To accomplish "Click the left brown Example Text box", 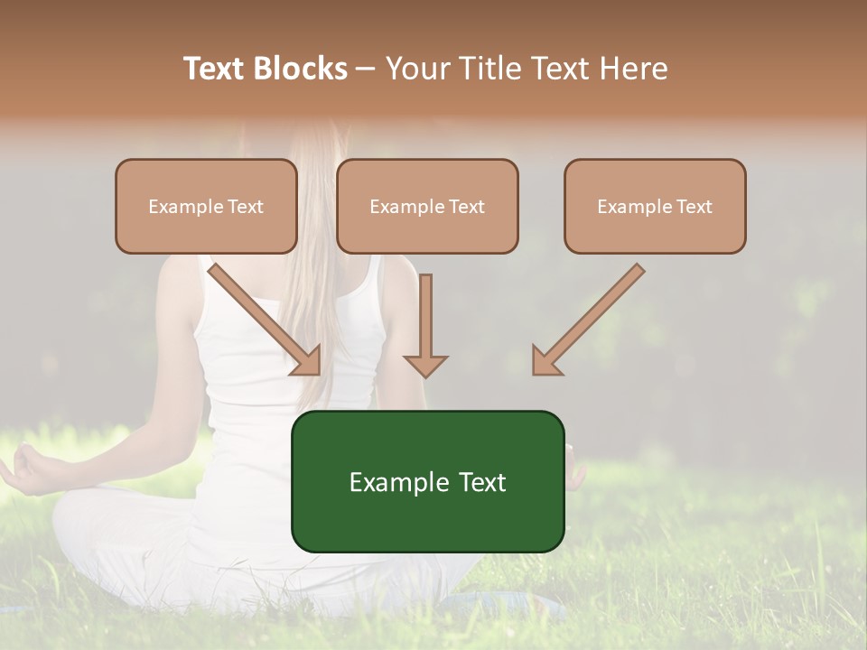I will pos(206,206).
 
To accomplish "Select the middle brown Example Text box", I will pos(427,206).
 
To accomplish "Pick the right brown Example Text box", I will pos(655,206).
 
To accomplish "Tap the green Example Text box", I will pos(427,481).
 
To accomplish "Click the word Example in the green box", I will pos(387,482).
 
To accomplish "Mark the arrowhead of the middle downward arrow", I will pos(425,365).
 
